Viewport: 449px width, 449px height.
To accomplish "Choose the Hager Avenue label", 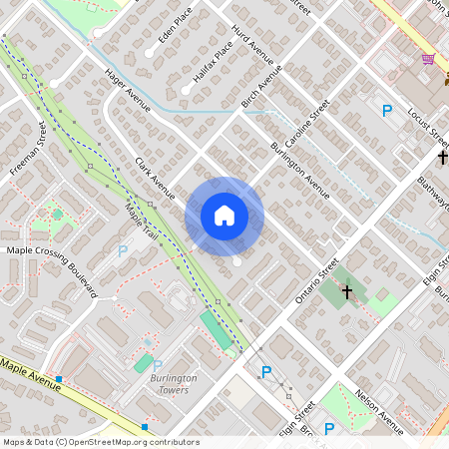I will point(127,89).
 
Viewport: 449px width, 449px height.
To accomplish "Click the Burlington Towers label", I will point(174,384).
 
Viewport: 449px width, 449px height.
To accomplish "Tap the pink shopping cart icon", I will point(428,59).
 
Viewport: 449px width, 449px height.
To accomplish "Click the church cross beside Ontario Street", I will point(347,292).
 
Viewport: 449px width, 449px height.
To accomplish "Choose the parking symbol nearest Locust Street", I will point(387,111).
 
